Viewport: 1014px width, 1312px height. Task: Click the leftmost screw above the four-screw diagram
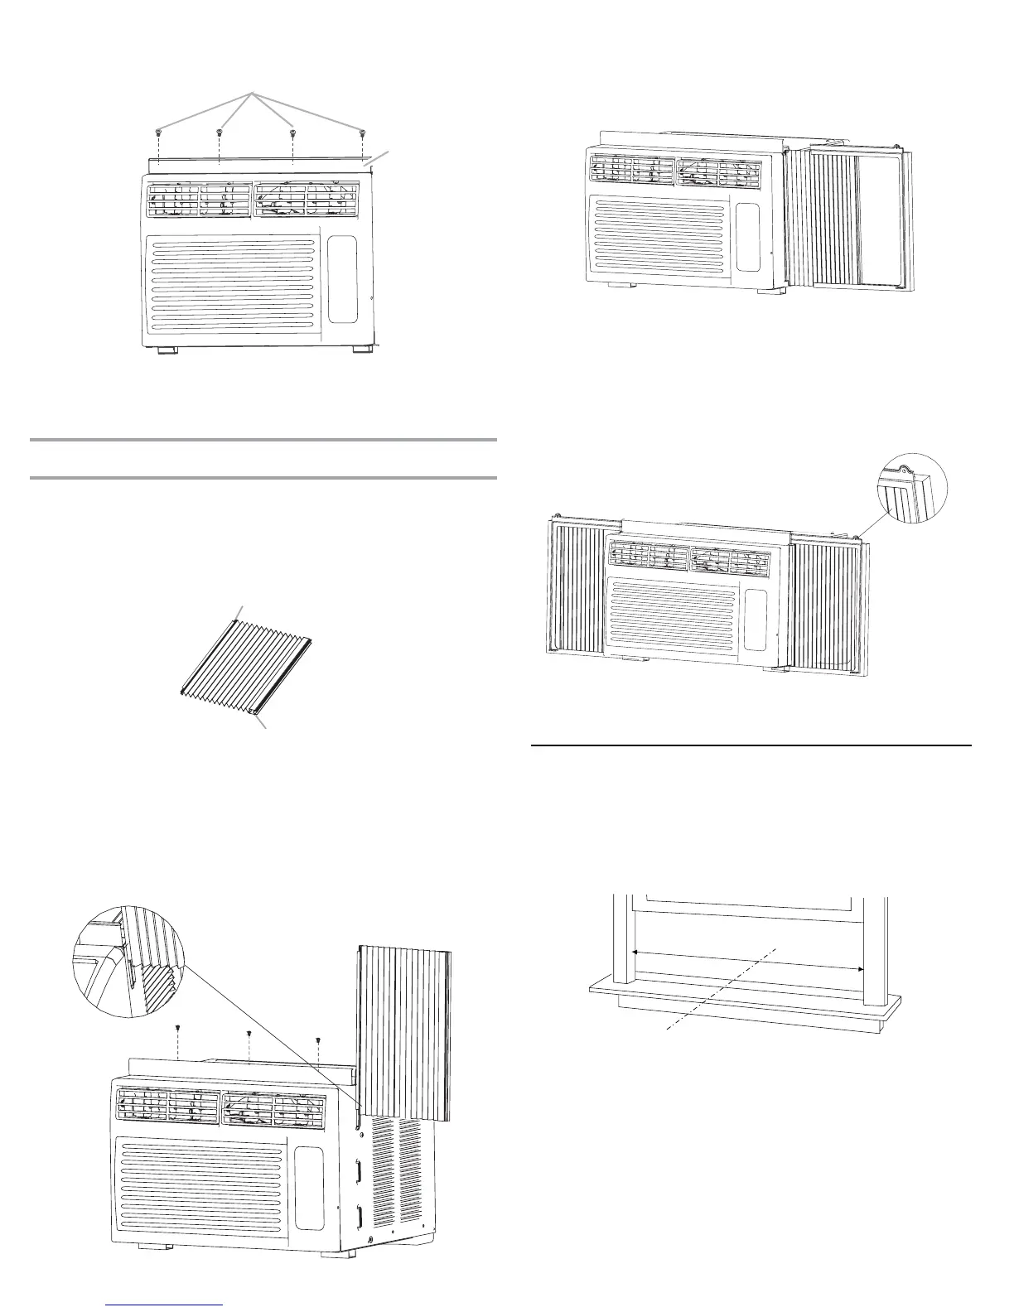[x=158, y=132]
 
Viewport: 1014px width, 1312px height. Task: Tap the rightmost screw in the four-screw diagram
[x=362, y=132]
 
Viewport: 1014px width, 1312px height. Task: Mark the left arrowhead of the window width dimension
[x=635, y=953]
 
